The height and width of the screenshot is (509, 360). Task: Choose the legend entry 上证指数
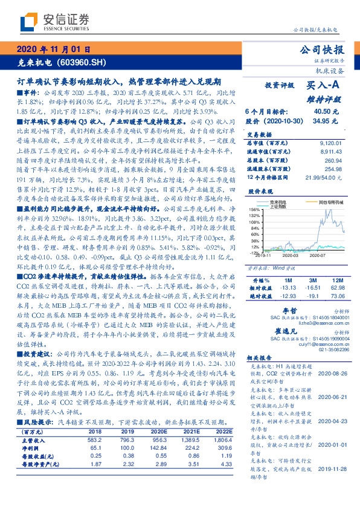280,207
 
